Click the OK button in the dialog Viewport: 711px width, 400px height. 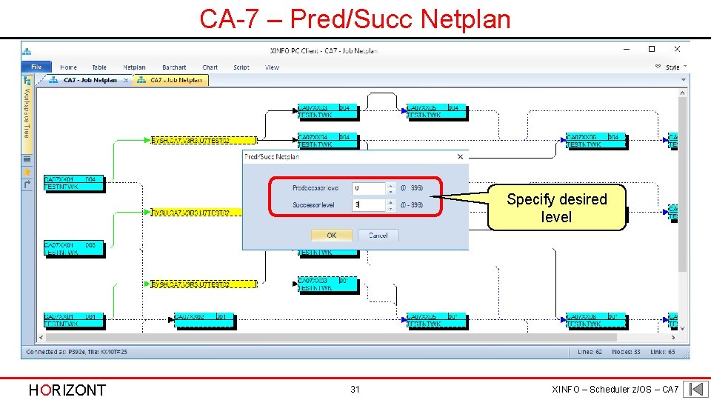click(331, 235)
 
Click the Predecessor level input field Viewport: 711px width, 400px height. click(368, 189)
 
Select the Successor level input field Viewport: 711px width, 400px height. click(368, 204)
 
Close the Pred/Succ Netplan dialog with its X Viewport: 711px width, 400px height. click(460, 156)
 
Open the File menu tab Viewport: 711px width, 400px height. click(36, 67)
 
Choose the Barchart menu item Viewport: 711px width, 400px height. click(174, 67)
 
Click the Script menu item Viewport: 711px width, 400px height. click(241, 67)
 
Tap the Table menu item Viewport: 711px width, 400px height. click(99, 67)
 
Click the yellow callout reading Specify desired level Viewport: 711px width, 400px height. click(556, 208)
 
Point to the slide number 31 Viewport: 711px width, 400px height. click(355, 390)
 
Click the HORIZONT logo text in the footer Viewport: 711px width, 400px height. click(67, 390)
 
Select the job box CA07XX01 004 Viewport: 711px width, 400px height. click(73, 183)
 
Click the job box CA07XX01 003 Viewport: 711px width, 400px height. click(73, 248)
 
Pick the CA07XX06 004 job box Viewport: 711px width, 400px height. click(595, 141)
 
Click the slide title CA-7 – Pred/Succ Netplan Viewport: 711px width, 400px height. click(355, 19)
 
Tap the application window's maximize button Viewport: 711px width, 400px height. click(652, 50)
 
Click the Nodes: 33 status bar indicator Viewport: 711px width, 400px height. click(626, 352)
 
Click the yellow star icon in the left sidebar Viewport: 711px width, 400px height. click(27, 171)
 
